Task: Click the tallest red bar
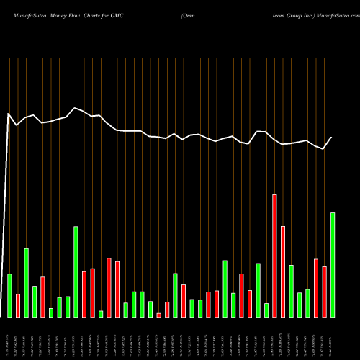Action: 274,256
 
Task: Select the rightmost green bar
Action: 333,264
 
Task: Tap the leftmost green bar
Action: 9,295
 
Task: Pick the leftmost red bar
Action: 18,305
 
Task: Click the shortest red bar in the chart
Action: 158,315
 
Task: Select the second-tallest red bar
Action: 283,271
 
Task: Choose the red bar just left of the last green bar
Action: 324,292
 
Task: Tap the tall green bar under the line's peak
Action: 76,271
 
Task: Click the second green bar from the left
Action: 27,282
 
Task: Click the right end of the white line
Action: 332,138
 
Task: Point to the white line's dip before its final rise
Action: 324,149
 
